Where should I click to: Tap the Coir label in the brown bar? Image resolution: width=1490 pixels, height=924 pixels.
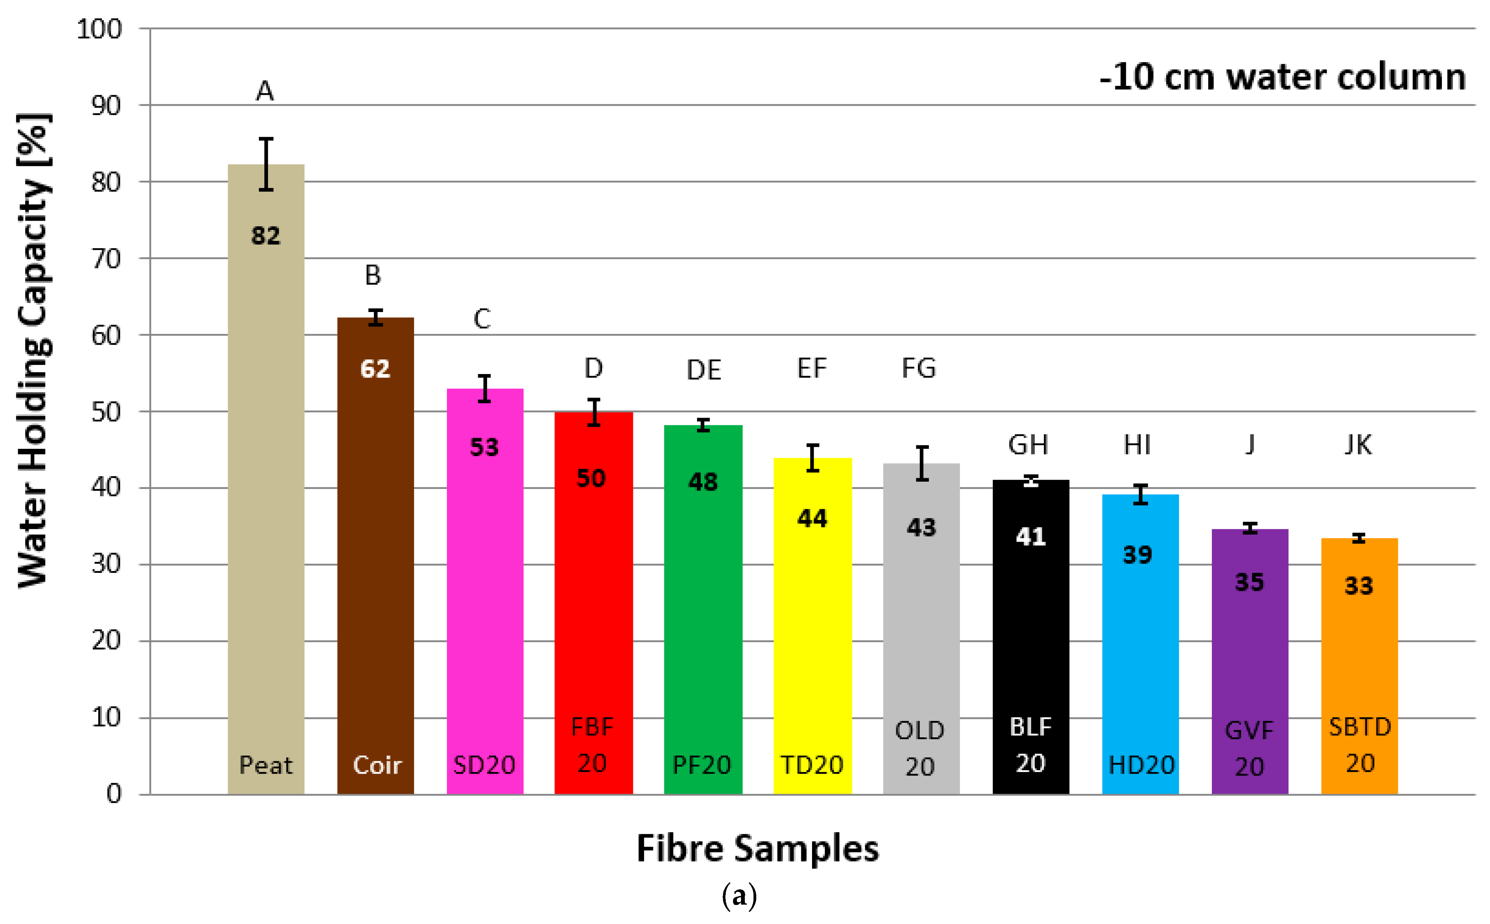377,765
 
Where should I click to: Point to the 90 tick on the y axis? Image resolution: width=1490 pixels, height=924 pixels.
106,106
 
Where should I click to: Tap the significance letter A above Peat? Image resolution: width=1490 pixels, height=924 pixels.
265,92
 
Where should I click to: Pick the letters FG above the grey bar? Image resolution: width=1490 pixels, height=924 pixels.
919,368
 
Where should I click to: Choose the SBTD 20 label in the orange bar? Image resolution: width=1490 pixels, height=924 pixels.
1360,745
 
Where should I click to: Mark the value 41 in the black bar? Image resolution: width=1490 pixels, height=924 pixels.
1030,536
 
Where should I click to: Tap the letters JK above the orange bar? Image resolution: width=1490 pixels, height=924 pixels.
1358,445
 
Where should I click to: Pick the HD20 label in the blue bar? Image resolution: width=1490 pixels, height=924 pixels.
1141,765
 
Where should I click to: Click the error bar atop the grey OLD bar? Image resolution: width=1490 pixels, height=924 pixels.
922,463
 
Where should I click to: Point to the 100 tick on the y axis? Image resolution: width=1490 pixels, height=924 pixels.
99,29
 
